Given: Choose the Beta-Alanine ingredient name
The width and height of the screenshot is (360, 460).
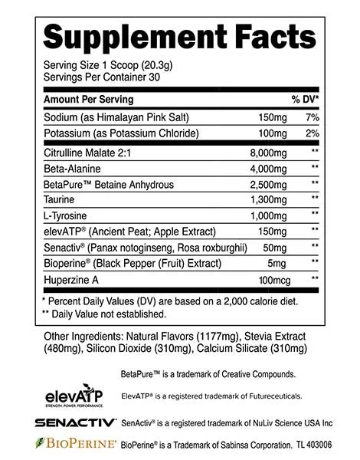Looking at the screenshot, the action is click(74, 167).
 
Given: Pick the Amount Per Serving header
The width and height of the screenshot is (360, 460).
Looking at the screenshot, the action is click(88, 100).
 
